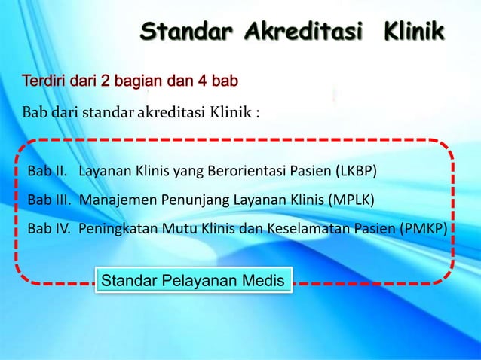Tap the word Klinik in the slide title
tap(414, 32)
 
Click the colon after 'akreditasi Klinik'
tap(258, 114)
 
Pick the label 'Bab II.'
tap(46, 172)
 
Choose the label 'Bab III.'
tap(49, 200)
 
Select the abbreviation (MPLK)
tap(351, 200)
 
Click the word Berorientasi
tap(251, 172)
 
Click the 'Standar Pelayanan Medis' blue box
tap(193, 281)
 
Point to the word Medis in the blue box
tap(263, 281)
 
